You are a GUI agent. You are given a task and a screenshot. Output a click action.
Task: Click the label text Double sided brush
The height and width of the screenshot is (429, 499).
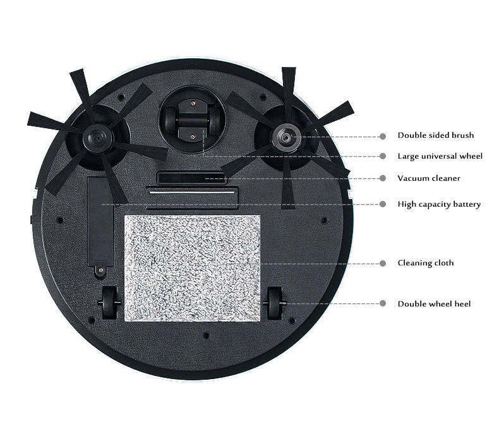coord(435,135)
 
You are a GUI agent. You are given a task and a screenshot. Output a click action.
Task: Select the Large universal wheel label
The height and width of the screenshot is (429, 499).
coord(440,156)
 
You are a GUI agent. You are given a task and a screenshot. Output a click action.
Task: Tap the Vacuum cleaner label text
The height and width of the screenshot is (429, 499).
coord(429,178)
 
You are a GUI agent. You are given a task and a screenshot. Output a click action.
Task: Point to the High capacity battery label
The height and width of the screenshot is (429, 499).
coord(439,204)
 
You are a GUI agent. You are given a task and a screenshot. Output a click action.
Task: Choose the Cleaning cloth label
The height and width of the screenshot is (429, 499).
coord(425,263)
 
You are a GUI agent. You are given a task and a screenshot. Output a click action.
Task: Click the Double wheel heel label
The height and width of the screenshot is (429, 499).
coord(434,304)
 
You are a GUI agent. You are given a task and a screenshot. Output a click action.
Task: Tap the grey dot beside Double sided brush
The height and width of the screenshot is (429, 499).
coord(382,136)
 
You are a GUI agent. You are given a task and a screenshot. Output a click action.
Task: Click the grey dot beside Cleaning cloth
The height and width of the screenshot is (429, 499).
coord(382,263)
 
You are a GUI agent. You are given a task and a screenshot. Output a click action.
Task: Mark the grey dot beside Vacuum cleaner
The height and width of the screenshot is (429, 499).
coord(382,178)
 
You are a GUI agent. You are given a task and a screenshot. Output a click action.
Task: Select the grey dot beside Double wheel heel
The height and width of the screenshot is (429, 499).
coord(382,304)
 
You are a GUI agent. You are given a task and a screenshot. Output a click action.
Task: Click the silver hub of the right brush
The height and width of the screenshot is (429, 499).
coord(286,136)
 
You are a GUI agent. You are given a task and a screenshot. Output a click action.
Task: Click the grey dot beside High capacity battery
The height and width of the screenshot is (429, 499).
coord(382,204)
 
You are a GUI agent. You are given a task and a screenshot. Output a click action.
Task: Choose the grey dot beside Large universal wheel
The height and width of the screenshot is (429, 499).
coord(382,156)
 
